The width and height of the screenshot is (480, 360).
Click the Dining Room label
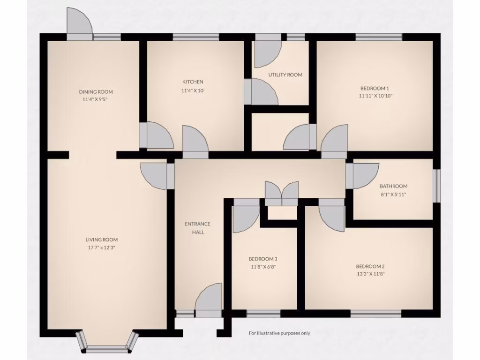(96, 92)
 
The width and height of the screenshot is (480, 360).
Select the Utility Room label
(285, 75)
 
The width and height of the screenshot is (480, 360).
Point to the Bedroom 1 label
(375, 88)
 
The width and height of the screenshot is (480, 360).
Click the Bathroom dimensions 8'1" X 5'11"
(393, 194)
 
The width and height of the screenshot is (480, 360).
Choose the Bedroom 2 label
(370, 266)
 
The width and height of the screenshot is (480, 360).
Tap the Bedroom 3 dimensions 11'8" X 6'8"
(262, 267)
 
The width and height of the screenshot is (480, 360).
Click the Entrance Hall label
(197, 228)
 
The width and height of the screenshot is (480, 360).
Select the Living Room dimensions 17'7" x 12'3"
(98, 247)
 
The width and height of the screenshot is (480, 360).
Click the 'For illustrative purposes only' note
(279, 333)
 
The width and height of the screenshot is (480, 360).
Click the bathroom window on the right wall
(436, 186)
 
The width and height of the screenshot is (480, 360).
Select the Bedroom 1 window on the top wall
(378, 37)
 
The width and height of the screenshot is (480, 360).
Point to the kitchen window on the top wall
(195, 37)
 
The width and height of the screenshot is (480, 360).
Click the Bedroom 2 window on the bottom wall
(376, 314)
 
